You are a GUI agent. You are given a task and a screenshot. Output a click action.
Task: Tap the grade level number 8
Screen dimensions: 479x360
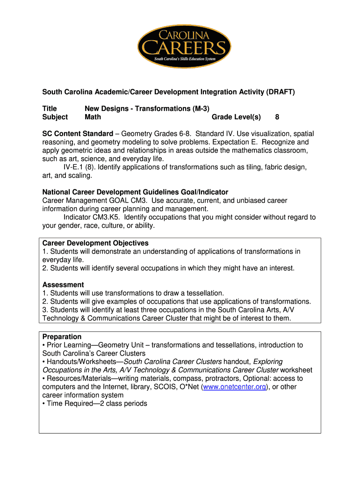[277, 117]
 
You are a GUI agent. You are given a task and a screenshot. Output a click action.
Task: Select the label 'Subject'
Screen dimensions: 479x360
[55, 117]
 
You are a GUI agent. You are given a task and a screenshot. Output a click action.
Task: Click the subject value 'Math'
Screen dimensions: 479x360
[93, 117]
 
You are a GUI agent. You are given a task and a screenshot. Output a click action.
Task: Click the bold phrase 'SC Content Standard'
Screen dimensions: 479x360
[78, 134]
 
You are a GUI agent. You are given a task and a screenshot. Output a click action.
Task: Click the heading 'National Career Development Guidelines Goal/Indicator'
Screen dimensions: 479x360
[135, 192]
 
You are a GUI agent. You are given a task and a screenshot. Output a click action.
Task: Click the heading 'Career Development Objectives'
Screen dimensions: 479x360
[95, 243]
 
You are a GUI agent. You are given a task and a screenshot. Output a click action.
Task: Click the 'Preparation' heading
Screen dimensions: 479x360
[62, 337]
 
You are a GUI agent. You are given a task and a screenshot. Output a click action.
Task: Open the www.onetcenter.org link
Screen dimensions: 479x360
[234, 387]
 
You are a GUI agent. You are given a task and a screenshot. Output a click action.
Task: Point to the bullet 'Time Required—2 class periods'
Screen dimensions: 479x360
[94, 403]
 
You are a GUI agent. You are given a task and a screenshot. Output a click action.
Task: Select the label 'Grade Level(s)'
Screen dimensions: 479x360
[236, 117]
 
